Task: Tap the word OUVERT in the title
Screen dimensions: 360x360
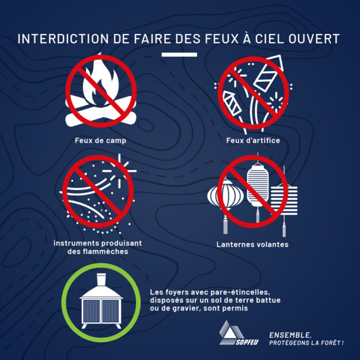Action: tap(314, 39)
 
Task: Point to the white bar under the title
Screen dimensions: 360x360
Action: tap(179, 55)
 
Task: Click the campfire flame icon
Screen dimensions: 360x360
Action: tap(101, 81)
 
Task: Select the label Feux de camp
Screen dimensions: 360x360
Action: tap(101, 141)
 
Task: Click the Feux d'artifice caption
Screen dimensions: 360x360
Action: tap(253, 141)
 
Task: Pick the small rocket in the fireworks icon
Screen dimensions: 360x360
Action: tap(232, 103)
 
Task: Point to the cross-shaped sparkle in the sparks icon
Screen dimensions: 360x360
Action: tap(119, 171)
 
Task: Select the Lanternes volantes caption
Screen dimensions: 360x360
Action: tap(252, 244)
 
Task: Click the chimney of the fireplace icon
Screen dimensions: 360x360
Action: tap(101, 279)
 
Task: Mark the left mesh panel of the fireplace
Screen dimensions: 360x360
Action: tap(92, 311)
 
